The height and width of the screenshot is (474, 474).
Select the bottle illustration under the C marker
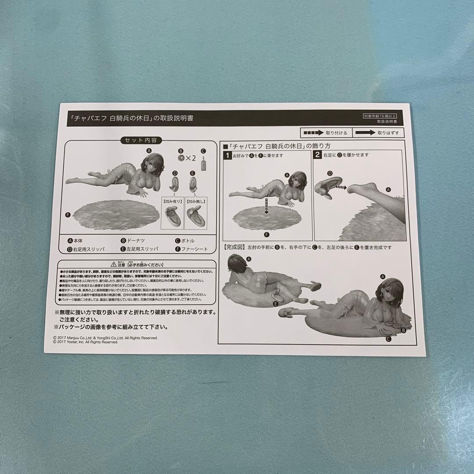[203, 165]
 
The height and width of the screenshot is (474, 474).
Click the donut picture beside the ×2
[180, 158]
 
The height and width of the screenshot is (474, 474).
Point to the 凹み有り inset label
[172, 201]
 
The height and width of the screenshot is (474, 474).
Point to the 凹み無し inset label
[195, 201]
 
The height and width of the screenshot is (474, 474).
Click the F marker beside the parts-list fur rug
[68, 215]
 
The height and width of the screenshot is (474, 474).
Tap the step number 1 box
[227, 155]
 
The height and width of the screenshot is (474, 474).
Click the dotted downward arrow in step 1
[266, 208]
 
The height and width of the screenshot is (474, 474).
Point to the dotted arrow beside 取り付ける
[313, 132]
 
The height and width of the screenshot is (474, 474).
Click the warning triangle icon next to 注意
[114, 265]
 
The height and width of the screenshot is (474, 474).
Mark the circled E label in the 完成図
[276, 303]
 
